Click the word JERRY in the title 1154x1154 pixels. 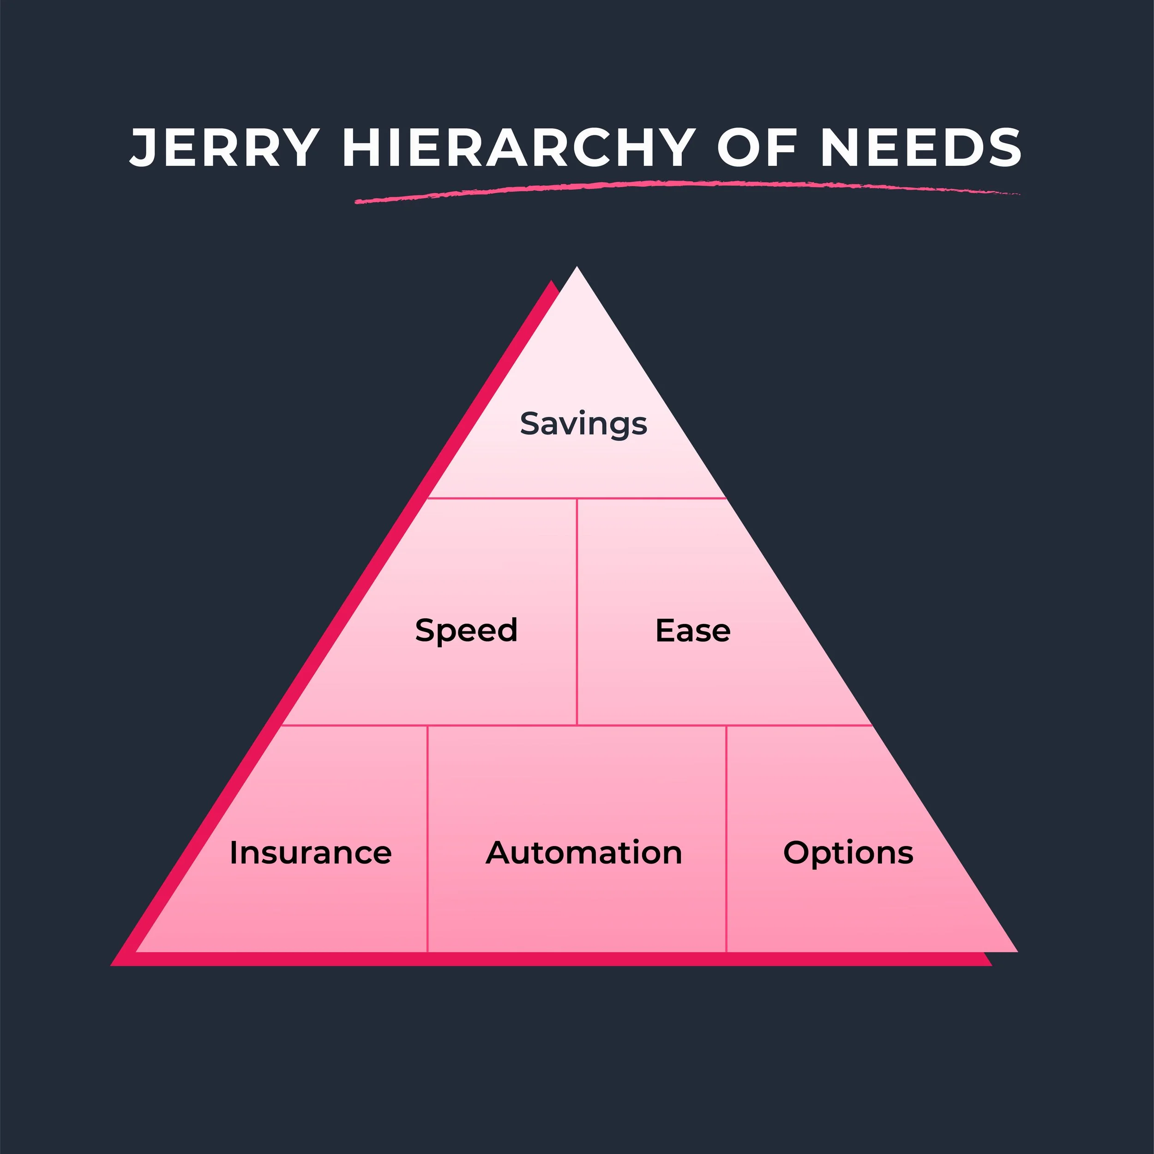[x=224, y=148]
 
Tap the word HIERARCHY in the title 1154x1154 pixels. [x=518, y=148]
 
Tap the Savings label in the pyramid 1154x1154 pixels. [x=583, y=424]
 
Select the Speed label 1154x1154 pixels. [x=466, y=630]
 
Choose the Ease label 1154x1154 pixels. [x=693, y=630]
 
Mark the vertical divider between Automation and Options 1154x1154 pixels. [x=726, y=837]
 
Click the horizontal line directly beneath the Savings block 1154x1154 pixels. [x=577, y=498]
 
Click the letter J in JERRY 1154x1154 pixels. [x=144, y=148]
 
